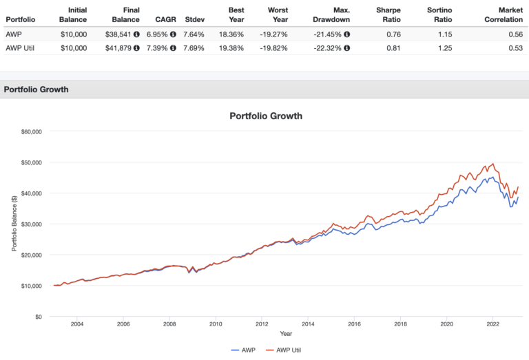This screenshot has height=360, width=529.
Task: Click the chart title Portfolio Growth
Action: point(265,116)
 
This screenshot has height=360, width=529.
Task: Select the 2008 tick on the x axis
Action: point(169,324)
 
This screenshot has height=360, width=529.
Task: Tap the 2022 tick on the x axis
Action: point(492,324)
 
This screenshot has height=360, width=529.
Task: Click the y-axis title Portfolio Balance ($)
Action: point(14,224)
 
